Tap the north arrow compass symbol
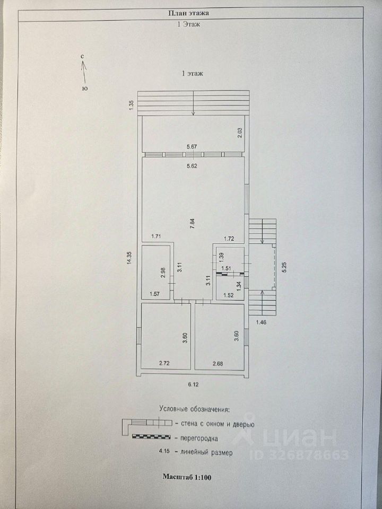point(84,71)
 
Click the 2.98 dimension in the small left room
point(163,273)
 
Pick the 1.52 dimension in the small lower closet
point(229,295)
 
